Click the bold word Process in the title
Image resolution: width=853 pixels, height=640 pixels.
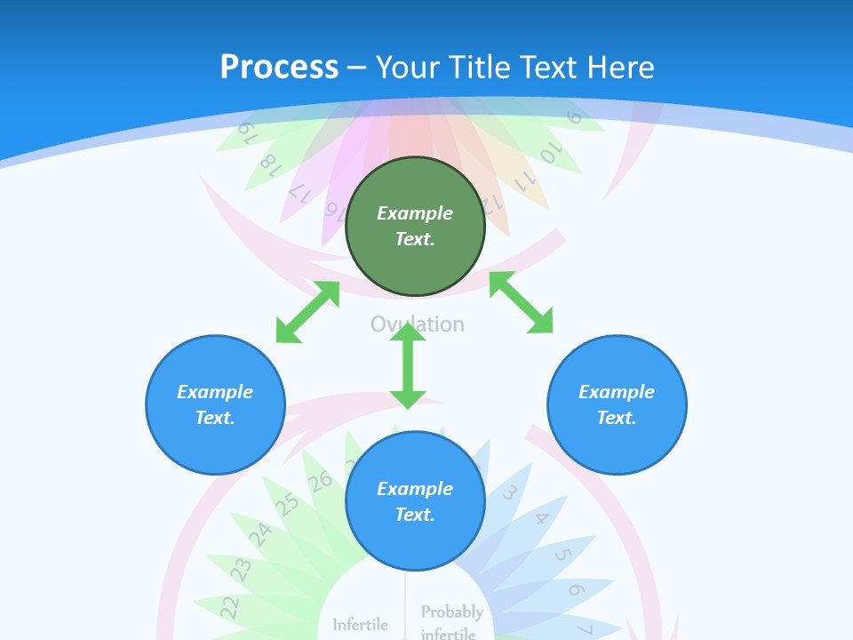point(279,67)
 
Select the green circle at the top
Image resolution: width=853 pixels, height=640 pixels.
point(415,226)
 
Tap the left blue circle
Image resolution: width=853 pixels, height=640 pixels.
point(215,404)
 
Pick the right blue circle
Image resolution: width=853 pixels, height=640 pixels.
point(617,404)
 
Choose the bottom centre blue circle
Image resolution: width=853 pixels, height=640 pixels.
point(415,501)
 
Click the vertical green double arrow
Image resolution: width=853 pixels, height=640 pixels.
point(408,365)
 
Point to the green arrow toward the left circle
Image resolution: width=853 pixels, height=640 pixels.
point(307,311)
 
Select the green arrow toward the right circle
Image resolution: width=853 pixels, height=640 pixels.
point(522,302)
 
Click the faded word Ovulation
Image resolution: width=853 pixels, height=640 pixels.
point(418,324)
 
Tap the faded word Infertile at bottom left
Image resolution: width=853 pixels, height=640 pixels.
point(360,625)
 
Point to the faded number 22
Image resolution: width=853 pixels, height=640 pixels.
point(229,607)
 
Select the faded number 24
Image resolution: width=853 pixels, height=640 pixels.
point(259,534)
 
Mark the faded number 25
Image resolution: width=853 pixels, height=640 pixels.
point(286,505)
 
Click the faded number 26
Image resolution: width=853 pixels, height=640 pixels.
point(320,481)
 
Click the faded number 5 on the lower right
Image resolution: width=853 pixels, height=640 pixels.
point(562,556)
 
